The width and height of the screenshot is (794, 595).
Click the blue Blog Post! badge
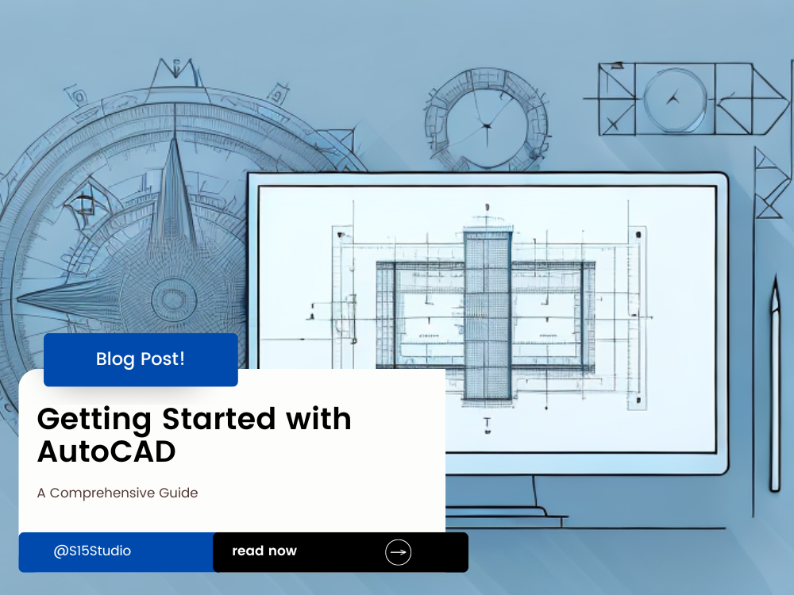[x=141, y=359]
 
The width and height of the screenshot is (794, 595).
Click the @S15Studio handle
[x=92, y=551]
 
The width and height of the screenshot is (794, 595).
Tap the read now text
[x=264, y=551]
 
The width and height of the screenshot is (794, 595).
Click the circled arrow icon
[x=398, y=552]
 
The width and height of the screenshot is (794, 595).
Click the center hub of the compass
[x=168, y=300]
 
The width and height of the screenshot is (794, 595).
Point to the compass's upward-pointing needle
[x=175, y=190]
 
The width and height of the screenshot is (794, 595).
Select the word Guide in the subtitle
[x=181, y=493]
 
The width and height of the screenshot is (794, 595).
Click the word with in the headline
[x=318, y=419]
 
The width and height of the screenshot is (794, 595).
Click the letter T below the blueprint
[x=487, y=424]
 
